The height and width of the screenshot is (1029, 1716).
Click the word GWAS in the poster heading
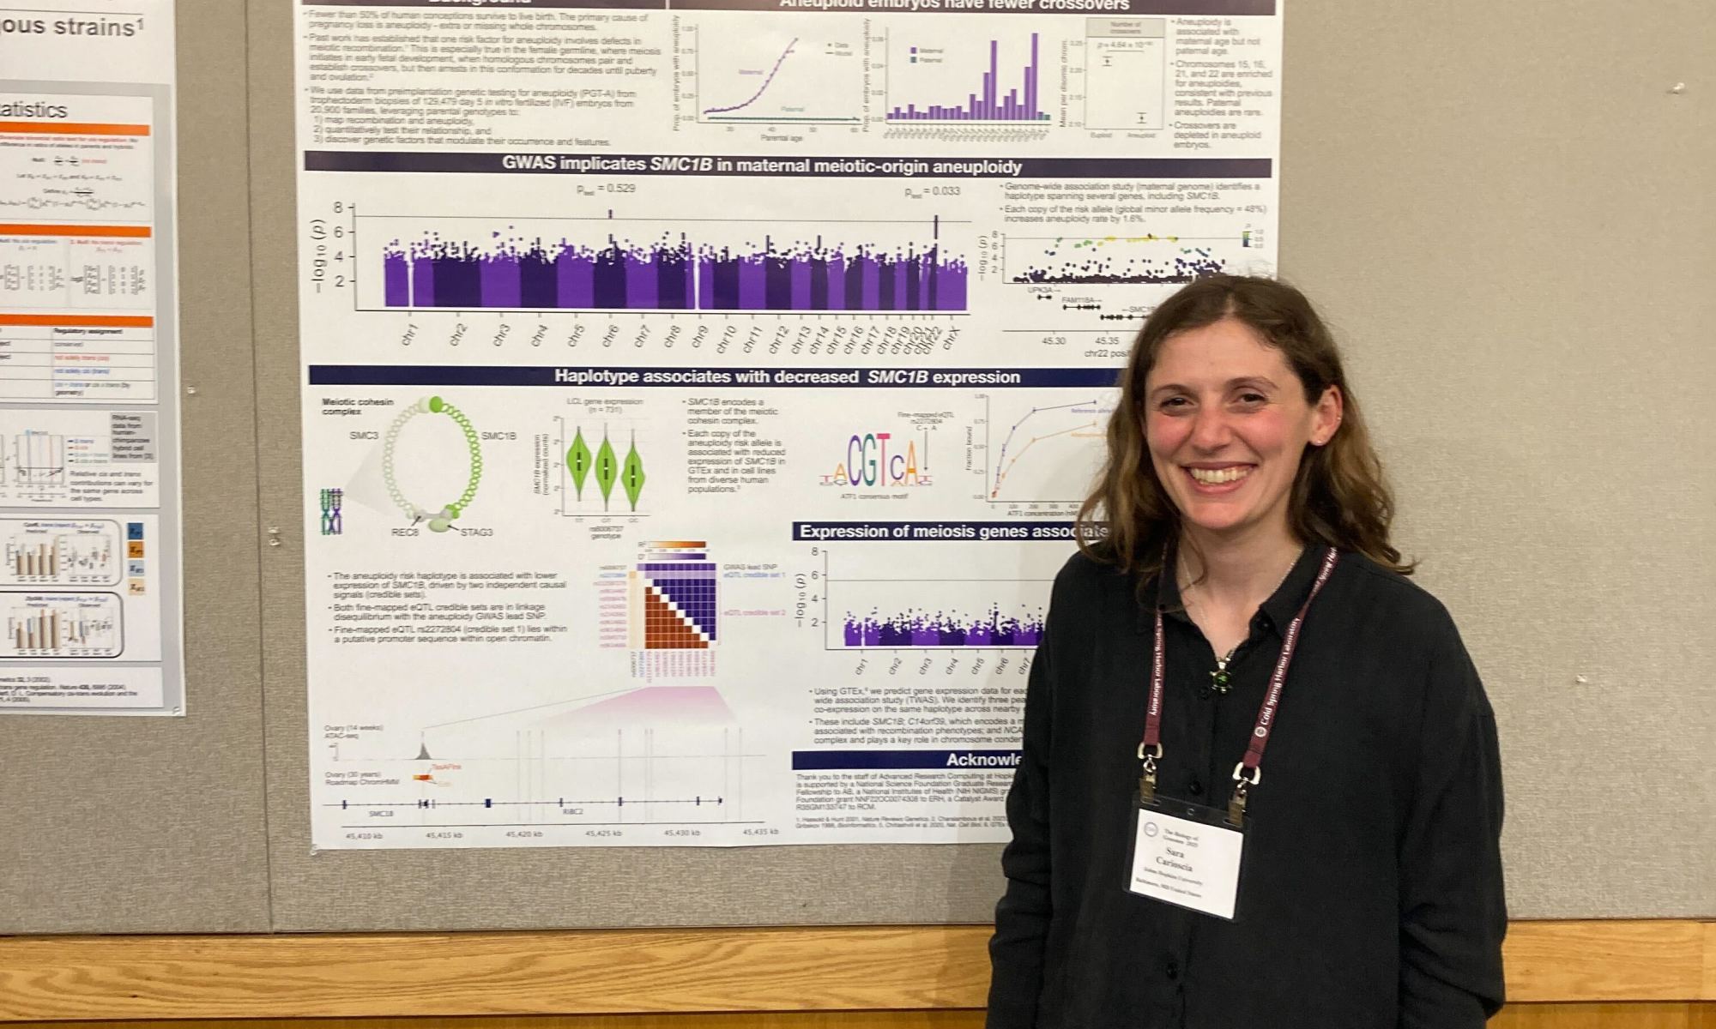pos(532,166)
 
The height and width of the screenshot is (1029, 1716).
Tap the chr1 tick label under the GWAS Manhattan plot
pos(410,334)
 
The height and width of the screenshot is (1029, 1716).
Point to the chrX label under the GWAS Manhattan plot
pos(951,338)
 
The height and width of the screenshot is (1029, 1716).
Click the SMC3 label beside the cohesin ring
pos(364,436)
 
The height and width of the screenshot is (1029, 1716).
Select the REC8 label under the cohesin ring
pos(404,533)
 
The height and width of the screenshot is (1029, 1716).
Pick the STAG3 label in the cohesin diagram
pos(477,533)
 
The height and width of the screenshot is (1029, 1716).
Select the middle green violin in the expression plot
pos(607,466)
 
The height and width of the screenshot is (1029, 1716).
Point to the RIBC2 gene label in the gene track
pos(572,812)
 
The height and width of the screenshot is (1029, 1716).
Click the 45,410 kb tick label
pos(364,833)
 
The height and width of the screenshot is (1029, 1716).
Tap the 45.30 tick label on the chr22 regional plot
pos(1054,340)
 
